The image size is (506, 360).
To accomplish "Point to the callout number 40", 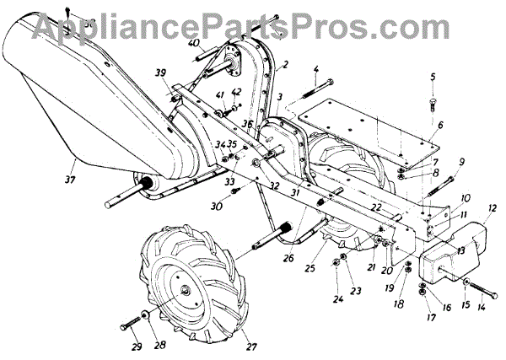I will point(194,42).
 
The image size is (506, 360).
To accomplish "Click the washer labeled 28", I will point(147,317).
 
